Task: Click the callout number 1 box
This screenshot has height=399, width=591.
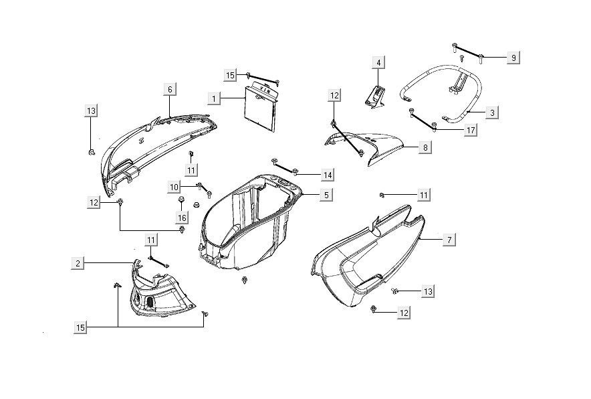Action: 215,99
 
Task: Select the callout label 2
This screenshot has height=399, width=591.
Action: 79,264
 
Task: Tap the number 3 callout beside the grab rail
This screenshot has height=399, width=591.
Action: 492,112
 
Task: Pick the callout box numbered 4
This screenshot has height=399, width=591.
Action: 378,63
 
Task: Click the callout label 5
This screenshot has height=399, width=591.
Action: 326,195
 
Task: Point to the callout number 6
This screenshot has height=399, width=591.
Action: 170,89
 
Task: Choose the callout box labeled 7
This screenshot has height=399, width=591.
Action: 449,239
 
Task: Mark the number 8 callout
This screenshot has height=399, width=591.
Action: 425,147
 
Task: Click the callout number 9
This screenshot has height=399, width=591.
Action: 513,58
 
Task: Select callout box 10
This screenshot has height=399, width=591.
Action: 174,186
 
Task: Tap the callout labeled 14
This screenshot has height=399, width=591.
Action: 327,175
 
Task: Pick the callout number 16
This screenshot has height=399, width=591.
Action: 182,218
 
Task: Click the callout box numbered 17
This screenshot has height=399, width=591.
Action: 471,130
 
